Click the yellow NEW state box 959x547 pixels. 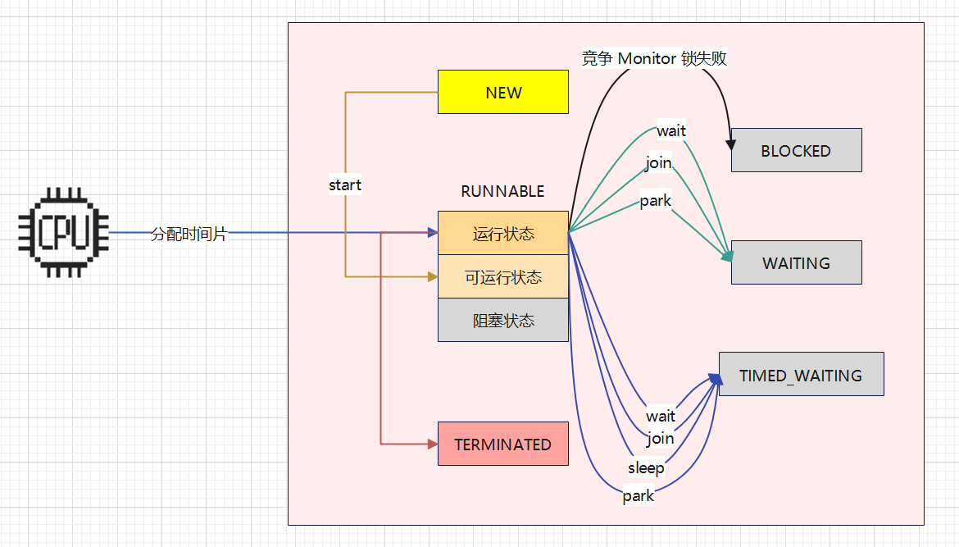(x=502, y=92)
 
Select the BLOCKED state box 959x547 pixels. (x=796, y=150)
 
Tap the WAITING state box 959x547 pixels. (x=796, y=262)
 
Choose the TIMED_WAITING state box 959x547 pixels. (x=801, y=375)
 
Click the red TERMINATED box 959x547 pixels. (x=502, y=444)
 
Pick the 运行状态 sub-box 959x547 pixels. (x=502, y=234)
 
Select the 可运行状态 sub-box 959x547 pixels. (x=502, y=277)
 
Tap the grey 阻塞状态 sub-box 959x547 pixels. (x=502, y=321)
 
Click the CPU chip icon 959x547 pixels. (x=64, y=232)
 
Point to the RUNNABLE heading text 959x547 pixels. (x=502, y=191)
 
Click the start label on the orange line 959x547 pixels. (x=345, y=185)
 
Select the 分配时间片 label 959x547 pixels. (x=189, y=233)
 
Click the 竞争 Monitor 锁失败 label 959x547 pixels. (x=654, y=58)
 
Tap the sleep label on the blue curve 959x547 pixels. (x=646, y=467)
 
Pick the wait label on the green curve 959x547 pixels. (x=671, y=130)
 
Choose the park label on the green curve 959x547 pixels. (x=655, y=201)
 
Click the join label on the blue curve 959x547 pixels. (x=660, y=438)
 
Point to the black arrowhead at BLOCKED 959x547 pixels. (x=730, y=144)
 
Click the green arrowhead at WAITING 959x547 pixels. (x=726, y=258)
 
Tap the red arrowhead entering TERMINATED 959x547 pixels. (x=432, y=444)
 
